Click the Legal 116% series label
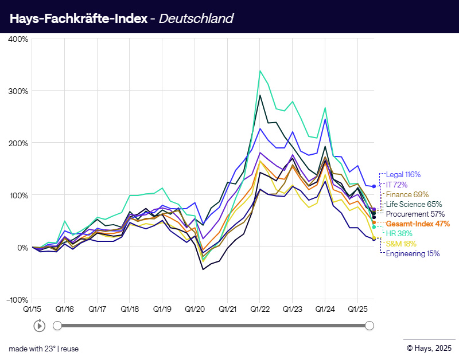pos(403,174)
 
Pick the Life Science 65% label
pos(414,204)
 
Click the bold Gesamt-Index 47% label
pos(418,224)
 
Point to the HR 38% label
pos(399,233)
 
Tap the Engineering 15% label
pos(413,253)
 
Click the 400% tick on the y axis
pos(18,39)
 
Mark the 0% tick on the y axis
pos(22,248)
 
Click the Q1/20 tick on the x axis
pos(195,309)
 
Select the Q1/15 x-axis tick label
pos(32,309)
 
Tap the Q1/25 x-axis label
pos(357,309)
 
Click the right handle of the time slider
pos(369,326)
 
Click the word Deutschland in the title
pos(196,18)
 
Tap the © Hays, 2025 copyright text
pos(429,347)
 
